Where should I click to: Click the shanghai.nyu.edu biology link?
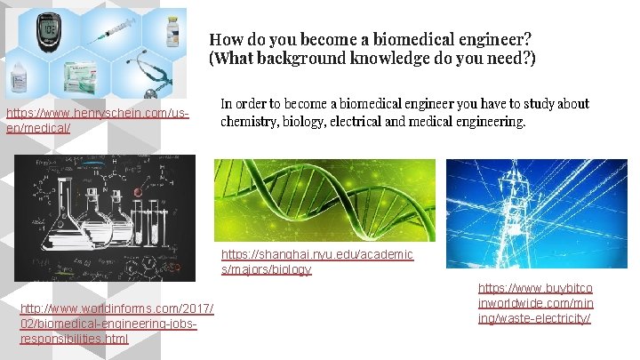316,261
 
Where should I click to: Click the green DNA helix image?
325,199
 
